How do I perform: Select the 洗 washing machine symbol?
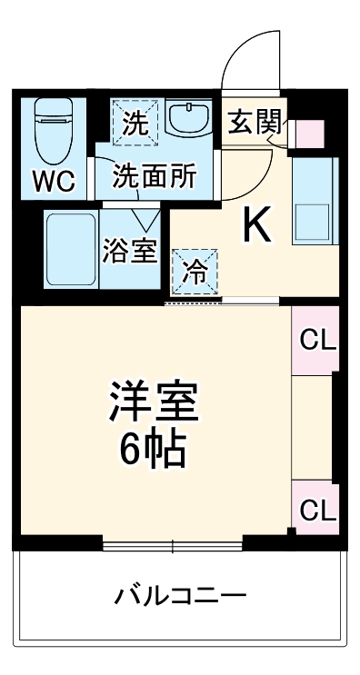[x=134, y=124]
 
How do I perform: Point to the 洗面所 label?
[x=154, y=176]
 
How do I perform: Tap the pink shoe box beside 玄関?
[x=308, y=134]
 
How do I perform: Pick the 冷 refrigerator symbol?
[x=195, y=270]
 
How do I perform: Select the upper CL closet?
[x=317, y=342]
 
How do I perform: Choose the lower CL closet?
[x=317, y=510]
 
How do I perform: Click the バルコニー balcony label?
[x=180, y=597]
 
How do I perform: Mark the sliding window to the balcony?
[x=173, y=545]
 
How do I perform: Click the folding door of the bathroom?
[x=145, y=218]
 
